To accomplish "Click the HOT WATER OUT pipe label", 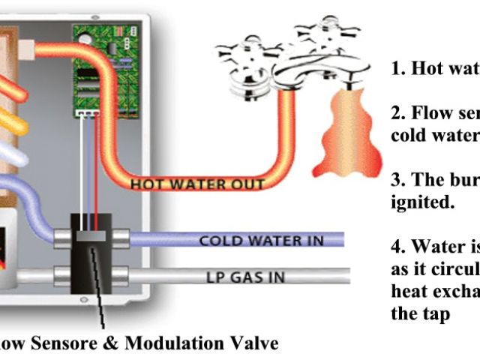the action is click(197, 184).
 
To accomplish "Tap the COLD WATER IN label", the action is click(261, 241).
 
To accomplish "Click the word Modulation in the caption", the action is click(181, 343).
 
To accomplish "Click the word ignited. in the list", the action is click(421, 202).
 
